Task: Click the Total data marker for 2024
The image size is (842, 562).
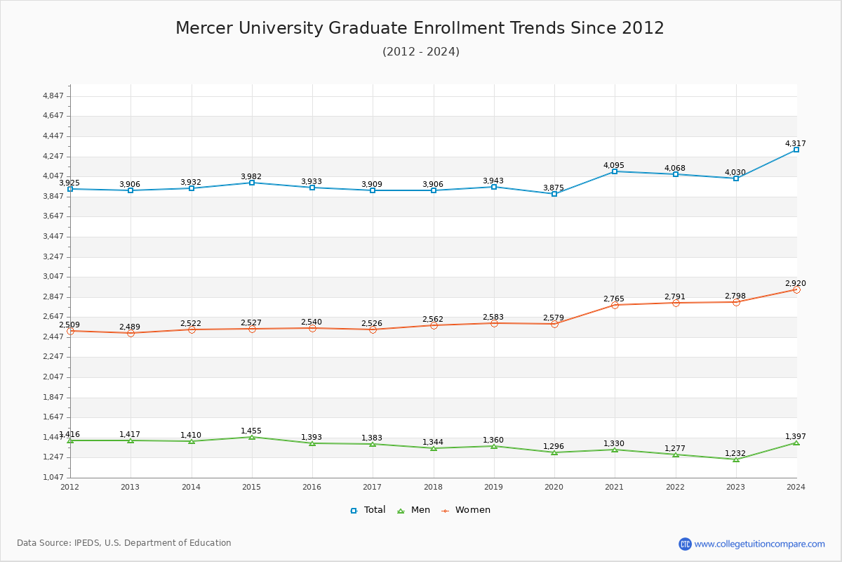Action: pyautogui.click(x=796, y=150)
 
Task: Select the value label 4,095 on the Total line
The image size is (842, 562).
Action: pyautogui.click(x=614, y=166)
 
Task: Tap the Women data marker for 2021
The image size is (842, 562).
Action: pyautogui.click(x=615, y=305)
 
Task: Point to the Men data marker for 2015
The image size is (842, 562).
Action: pyautogui.click(x=252, y=437)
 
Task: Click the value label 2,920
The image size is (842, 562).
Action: pyautogui.click(x=796, y=284)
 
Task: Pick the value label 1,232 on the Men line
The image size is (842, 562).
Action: pyautogui.click(x=735, y=454)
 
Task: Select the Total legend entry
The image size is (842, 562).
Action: pyautogui.click(x=368, y=510)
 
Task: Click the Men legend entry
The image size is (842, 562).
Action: pyautogui.click(x=415, y=510)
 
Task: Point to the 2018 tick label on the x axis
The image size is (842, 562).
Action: pyautogui.click(x=433, y=487)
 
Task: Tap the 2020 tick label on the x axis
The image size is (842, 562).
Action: pyautogui.click(x=554, y=487)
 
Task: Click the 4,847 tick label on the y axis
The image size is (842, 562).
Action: pyautogui.click(x=53, y=96)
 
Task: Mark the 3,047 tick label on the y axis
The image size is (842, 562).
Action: pyautogui.click(x=53, y=277)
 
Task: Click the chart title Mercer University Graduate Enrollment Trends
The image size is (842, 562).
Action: pyautogui.click(x=420, y=28)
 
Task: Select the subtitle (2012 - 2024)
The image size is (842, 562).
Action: pyautogui.click(x=421, y=51)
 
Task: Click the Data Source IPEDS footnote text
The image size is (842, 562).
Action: pyautogui.click(x=124, y=543)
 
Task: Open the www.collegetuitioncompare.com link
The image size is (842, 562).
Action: pyautogui.click(x=759, y=544)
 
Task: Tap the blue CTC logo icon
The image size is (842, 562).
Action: pyautogui.click(x=685, y=544)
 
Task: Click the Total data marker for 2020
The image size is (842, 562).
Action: pyautogui.click(x=554, y=194)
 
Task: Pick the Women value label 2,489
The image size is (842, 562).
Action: pyautogui.click(x=130, y=327)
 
